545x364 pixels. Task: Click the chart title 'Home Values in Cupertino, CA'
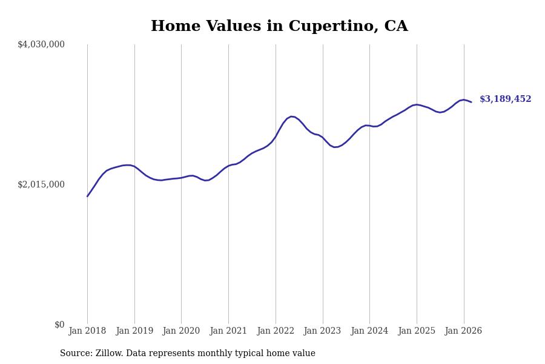click(x=279, y=27)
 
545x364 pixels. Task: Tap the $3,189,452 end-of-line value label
click(x=505, y=99)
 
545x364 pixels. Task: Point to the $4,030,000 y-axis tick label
click(x=41, y=44)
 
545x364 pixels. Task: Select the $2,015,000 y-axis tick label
click(x=41, y=184)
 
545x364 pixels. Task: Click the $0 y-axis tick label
click(x=59, y=325)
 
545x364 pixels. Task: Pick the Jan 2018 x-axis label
click(x=87, y=331)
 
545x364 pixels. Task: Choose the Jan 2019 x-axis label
click(x=134, y=331)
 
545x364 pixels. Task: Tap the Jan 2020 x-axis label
click(x=181, y=331)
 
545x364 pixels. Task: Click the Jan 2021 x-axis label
click(x=228, y=331)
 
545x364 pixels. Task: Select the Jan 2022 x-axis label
click(x=276, y=331)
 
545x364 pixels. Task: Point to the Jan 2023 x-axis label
click(x=322, y=331)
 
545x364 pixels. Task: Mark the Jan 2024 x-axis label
click(x=369, y=331)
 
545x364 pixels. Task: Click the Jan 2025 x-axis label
click(x=417, y=331)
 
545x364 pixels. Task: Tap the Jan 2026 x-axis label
click(x=463, y=331)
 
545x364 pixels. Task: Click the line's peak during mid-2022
click(x=291, y=116)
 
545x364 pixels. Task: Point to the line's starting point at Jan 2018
click(x=87, y=196)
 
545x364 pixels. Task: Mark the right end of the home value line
click(x=471, y=102)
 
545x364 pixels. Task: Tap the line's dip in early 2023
click(x=335, y=147)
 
